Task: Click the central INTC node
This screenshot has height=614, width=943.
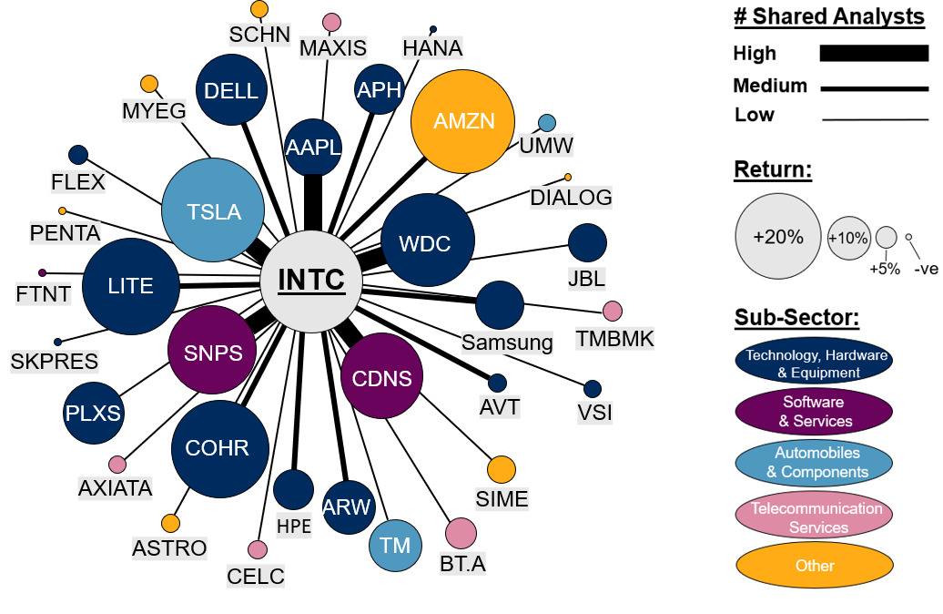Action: [x=311, y=280]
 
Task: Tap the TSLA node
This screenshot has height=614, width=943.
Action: [x=213, y=211]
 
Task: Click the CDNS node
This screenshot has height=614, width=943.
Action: [x=382, y=377]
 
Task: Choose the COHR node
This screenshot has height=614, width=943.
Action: [x=217, y=448]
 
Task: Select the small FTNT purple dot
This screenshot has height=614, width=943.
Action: [x=42, y=273]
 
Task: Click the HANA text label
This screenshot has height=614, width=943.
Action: [x=432, y=48]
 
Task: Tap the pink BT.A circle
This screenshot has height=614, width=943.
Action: [x=461, y=534]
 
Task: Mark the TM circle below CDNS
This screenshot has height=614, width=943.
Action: [x=395, y=546]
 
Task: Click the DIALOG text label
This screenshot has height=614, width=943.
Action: [x=571, y=197]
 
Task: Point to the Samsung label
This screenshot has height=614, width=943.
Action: [x=507, y=343]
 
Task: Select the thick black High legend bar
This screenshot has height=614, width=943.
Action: [x=873, y=53]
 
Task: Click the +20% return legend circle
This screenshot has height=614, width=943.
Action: [x=777, y=237]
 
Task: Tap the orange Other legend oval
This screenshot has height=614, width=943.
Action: [x=814, y=566]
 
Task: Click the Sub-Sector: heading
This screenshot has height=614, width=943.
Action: [x=796, y=318]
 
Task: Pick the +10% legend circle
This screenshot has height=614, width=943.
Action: [x=847, y=237]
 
